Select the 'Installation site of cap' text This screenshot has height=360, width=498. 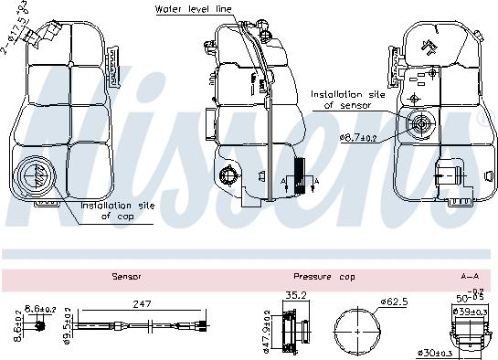[x=117, y=211]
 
